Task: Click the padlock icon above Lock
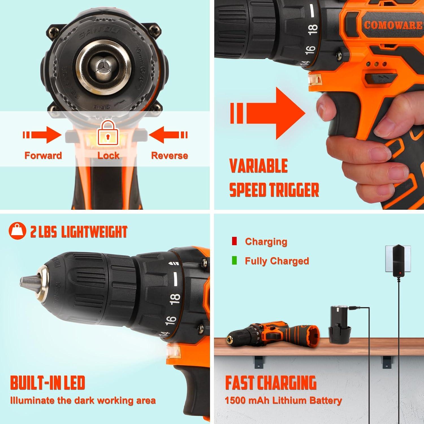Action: [108, 133]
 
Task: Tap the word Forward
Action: [43, 155]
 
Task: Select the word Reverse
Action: [170, 155]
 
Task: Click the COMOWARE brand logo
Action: [393, 25]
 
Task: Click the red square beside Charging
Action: [234, 241]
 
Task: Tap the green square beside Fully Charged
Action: [234, 260]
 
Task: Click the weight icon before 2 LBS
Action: [17, 231]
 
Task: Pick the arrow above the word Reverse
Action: [168, 135]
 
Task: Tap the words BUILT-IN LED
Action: [47, 383]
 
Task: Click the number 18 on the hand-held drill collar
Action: [312, 29]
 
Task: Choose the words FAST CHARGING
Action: [271, 383]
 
